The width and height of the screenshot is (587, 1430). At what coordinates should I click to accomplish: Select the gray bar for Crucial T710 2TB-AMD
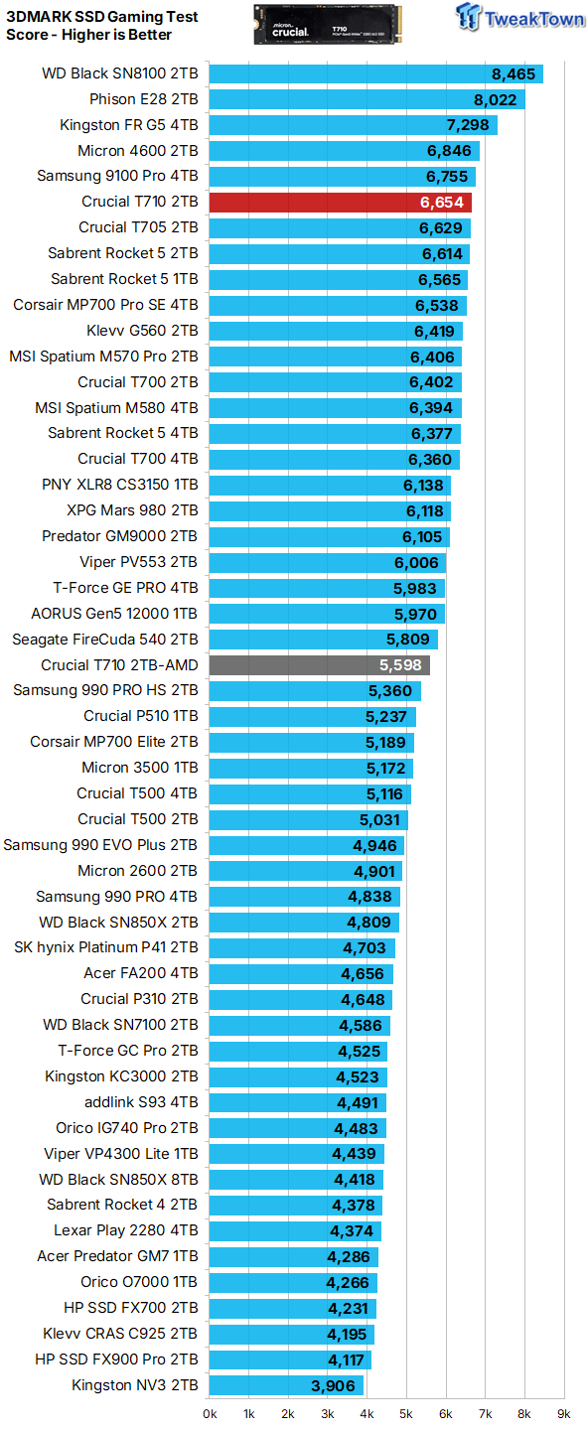click(x=319, y=665)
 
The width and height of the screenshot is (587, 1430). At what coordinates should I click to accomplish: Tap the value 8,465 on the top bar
click(x=513, y=73)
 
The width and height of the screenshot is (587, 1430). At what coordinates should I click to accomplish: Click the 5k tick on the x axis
click(x=405, y=1413)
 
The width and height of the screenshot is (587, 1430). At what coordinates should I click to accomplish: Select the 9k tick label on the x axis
click(x=563, y=1413)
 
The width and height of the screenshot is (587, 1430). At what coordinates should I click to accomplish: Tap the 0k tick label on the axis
click(x=210, y=1413)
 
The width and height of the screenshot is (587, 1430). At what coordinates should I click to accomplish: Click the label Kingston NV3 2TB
click(x=135, y=1385)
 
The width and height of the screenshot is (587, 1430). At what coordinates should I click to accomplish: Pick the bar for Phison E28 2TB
click(x=367, y=99)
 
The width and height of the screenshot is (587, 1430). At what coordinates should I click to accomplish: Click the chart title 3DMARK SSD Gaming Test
click(x=101, y=17)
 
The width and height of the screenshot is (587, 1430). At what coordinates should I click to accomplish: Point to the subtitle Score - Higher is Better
click(x=88, y=35)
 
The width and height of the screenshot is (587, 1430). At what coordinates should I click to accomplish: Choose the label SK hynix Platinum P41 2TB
click(x=106, y=947)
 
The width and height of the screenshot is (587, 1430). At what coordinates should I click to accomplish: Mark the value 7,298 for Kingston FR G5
click(x=467, y=125)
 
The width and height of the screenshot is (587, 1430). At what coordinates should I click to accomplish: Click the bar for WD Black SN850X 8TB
click(x=296, y=1180)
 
